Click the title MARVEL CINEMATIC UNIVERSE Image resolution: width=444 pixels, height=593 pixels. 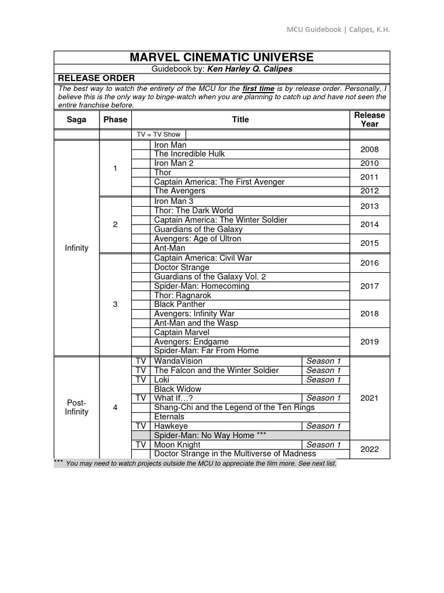(x=222, y=57)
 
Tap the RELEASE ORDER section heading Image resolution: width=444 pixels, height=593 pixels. (x=95, y=78)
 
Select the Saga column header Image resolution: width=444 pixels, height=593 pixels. (x=76, y=120)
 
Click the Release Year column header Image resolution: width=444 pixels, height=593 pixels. (x=369, y=119)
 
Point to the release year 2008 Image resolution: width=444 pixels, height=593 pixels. (x=369, y=149)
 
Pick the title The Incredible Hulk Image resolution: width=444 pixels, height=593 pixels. (x=189, y=154)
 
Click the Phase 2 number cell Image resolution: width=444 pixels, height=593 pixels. (x=115, y=225)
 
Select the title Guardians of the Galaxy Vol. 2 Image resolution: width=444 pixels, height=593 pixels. (x=210, y=277)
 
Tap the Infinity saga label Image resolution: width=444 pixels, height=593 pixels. (x=77, y=248)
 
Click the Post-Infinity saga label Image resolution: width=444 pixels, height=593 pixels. (x=77, y=407)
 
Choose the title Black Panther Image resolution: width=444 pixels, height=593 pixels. (x=180, y=305)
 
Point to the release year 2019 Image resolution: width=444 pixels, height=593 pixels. (x=369, y=342)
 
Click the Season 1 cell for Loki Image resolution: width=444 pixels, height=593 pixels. (x=324, y=380)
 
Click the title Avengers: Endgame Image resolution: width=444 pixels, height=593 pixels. (x=190, y=342)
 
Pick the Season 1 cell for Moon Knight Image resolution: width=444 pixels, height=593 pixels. (x=324, y=445)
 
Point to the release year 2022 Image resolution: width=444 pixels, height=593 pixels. (x=369, y=449)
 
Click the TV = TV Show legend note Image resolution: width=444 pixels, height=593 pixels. (x=158, y=134)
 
